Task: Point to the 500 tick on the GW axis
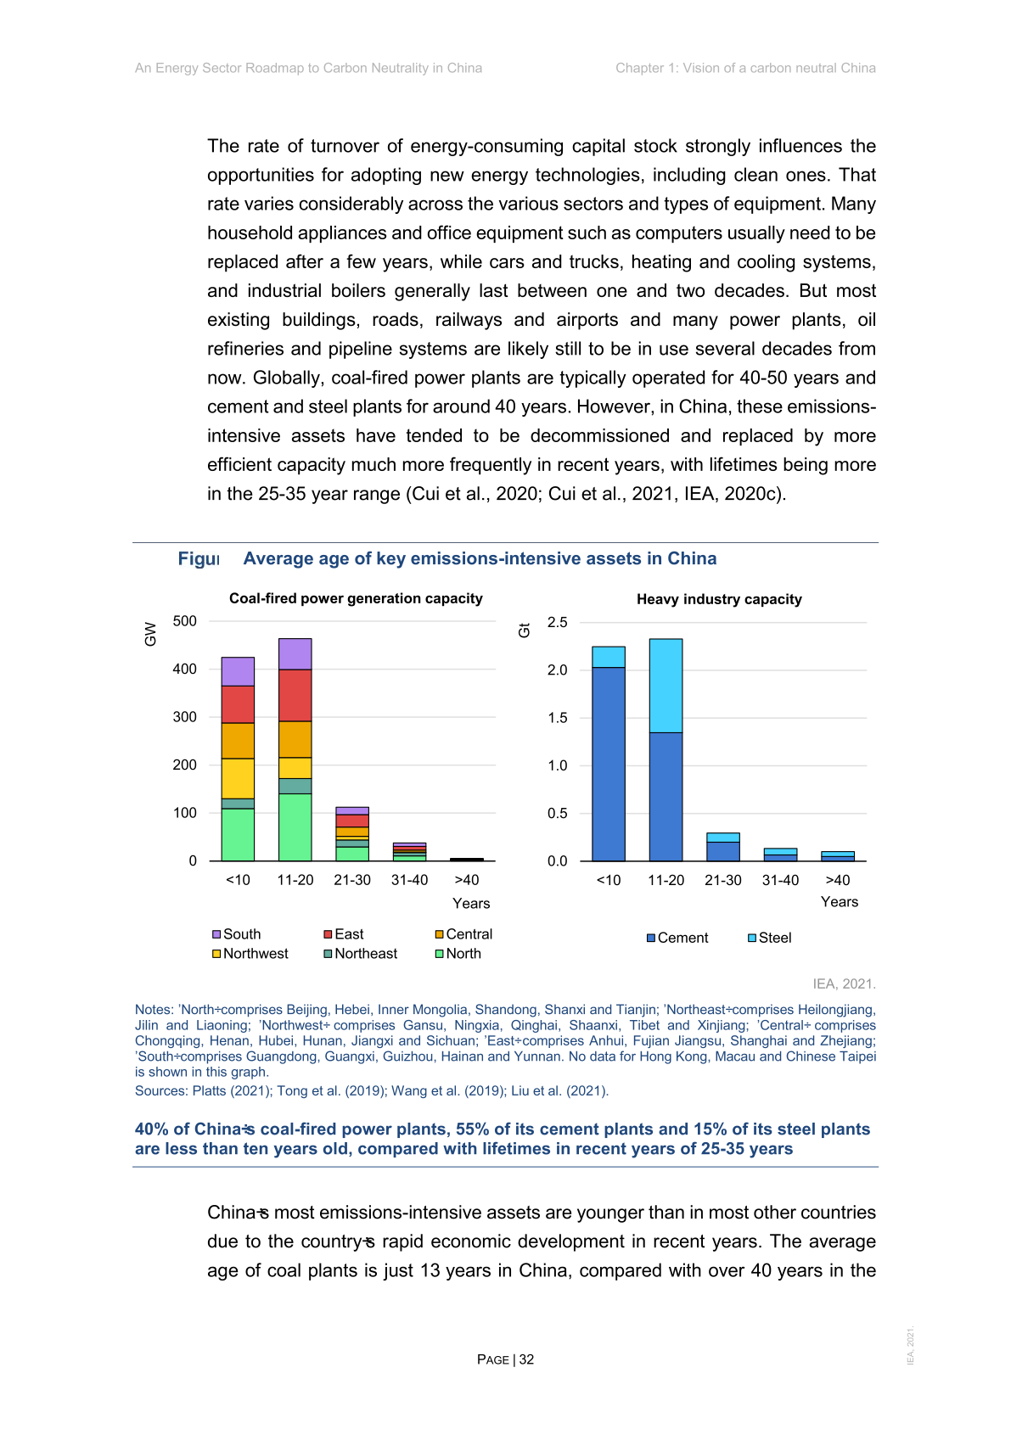click(x=184, y=621)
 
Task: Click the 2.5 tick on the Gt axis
click(x=557, y=622)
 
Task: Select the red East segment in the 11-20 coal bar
click(x=295, y=695)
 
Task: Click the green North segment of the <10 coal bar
click(x=238, y=834)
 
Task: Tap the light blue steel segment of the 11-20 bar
click(x=666, y=685)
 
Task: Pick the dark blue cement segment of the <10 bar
click(x=609, y=764)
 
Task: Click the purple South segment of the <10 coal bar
click(x=238, y=671)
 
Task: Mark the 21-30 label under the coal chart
click(x=352, y=880)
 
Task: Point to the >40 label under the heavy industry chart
click(x=838, y=880)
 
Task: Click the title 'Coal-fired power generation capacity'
click(x=356, y=598)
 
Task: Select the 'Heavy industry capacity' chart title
click(x=719, y=599)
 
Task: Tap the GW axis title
click(x=151, y=634)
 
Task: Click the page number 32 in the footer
click(x=527, y=1359)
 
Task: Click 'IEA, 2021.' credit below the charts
click(x=844, y=983)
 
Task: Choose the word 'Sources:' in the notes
click(x=161, y=1090)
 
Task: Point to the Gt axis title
click(x=525, y=630)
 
